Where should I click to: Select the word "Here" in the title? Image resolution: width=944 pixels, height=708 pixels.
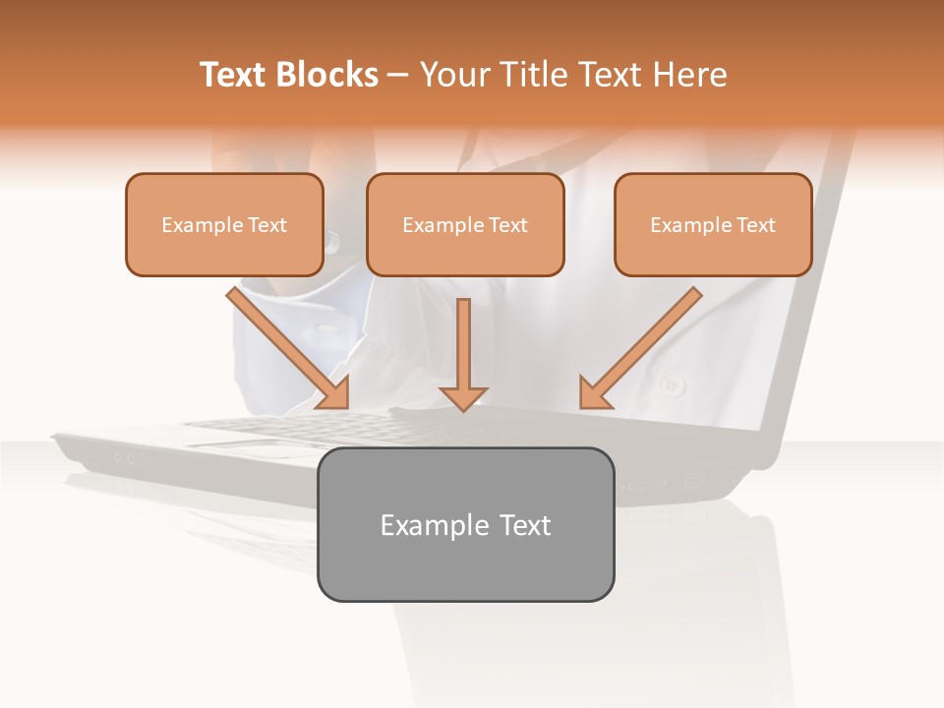(x=692, y=75)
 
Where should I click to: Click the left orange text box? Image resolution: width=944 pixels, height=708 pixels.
(x=224, y=224)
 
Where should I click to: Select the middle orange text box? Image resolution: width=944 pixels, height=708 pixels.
(x=465, y=224)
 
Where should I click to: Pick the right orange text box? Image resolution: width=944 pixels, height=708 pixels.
(x=713, y=224)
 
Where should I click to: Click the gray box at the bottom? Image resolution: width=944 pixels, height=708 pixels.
(x=465, y=524)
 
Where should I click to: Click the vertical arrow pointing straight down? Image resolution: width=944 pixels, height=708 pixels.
(x=463, y=349)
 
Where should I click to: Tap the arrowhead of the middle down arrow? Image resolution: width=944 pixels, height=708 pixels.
(x=463, y=397)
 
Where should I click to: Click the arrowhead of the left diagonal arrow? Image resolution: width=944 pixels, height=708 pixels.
(x=333, y=392)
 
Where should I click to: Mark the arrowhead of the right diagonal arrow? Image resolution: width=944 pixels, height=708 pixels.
(x=594, y=392)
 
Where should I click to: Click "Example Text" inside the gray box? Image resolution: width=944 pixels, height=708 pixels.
(x=465, y=525)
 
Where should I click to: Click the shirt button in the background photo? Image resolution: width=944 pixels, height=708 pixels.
(x=673, y=383)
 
